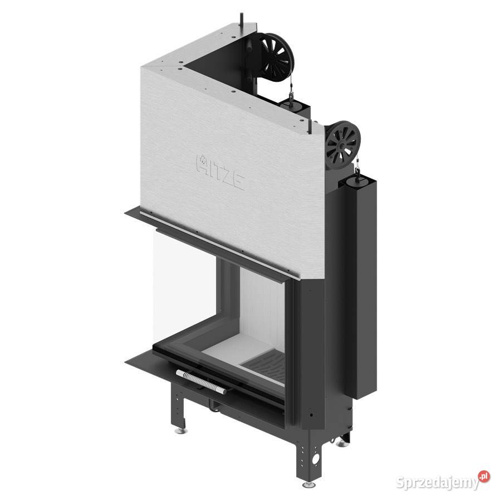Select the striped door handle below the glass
coord(201,381)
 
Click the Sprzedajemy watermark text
coord(438,482)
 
